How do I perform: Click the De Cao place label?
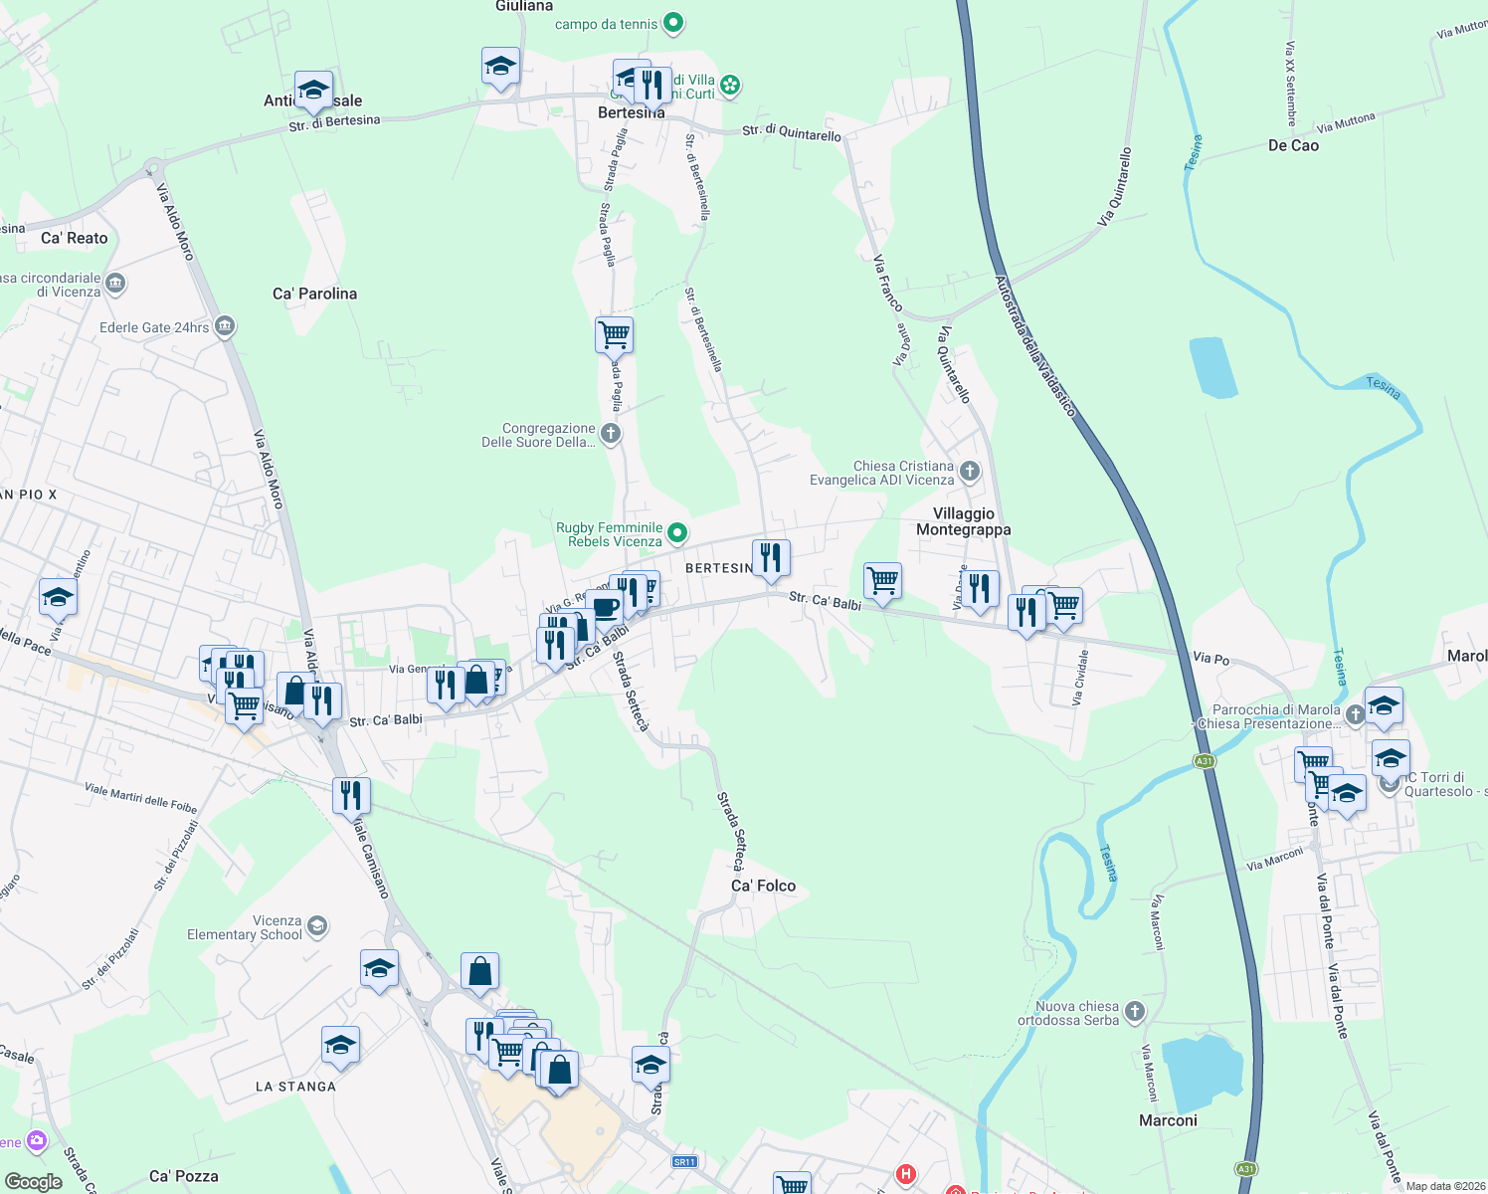coord(1293,145)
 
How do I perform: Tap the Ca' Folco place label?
coord(763,886)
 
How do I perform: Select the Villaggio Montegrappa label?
coord(963,521)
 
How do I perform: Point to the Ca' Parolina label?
coord(314,294)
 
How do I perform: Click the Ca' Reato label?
coord(75,238)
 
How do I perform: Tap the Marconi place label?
coord(1168,1120)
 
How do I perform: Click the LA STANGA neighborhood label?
coord(295,1087)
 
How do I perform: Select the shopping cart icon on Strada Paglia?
coord(614,334)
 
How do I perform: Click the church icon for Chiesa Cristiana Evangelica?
coord(970,472)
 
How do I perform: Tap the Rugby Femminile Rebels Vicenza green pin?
coord(677,533)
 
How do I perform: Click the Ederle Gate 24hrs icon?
coord(225,326)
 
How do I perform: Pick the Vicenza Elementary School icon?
coord(317,926)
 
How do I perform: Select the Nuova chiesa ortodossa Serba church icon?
coord(1135,1012)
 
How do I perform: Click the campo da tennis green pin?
coord(673,22)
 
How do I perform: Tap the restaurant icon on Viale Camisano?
coord(351,796)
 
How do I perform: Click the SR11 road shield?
coord(683,1161)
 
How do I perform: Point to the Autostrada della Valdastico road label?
coord(1034,346)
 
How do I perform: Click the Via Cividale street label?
coord(1080,678)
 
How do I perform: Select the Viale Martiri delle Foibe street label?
coord(140,797)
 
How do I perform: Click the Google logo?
coord(33,1182)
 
